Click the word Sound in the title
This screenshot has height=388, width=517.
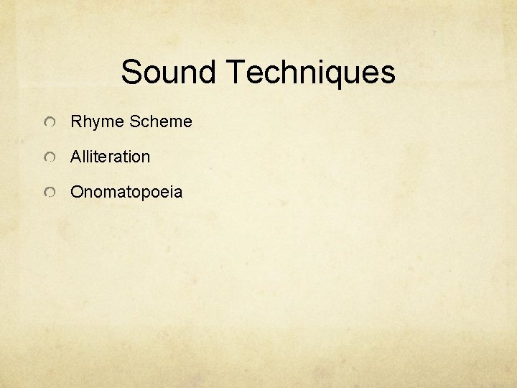(169, 72)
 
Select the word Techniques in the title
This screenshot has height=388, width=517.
(310, 72)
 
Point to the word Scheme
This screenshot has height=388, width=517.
(161, 121)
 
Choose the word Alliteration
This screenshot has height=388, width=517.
(110, 157)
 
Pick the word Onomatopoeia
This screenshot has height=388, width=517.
(126, 193)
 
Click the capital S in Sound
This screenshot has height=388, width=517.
(131, 72)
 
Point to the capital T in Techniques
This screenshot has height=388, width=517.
(235, 72)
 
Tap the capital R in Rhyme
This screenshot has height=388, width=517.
(75, 121)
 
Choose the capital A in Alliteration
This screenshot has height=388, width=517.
(75, 157)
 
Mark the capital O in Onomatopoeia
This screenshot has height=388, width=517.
(76, 193)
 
